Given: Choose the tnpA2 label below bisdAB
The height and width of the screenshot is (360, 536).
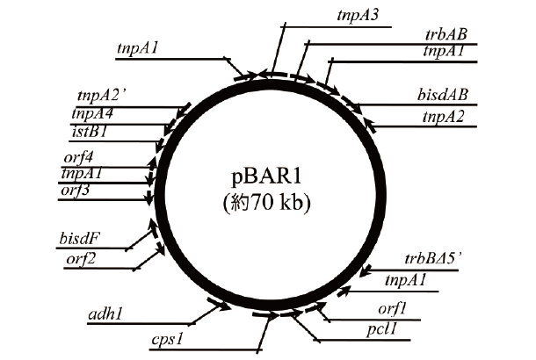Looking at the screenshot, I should click(447, 117).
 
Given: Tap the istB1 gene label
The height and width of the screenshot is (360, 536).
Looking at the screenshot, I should click(89, 131).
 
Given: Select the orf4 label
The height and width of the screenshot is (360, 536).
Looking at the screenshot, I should click(78, 157).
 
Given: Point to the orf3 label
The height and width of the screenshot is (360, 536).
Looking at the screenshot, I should click(77, 189).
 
